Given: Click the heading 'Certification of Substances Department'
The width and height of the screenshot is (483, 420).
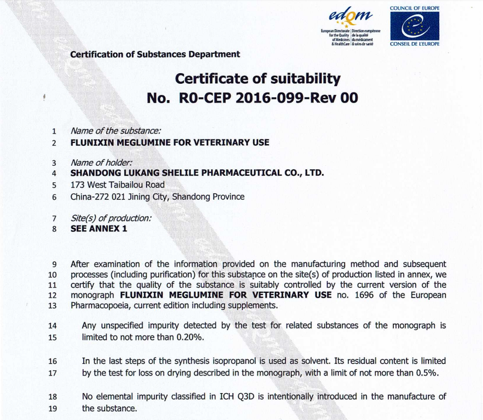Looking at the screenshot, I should pyautogui.click(x=155, y=54).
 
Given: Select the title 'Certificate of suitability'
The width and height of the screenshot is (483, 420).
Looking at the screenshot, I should pyautogui.click(x=258, y=78).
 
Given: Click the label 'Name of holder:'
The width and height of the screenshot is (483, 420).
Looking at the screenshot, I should pyautogui.click(x=101, y=162).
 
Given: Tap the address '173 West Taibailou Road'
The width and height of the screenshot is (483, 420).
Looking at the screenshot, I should pyautogui.click(x=117, y=185).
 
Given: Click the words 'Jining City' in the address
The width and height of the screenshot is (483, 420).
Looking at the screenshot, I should pyautogui.click(x=149, y=197).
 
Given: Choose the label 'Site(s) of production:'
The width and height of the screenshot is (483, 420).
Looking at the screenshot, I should pyautogui.click(x=111, y=218).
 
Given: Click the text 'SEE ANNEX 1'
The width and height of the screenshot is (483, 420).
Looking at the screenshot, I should pyautogui.click(x=98, y=228).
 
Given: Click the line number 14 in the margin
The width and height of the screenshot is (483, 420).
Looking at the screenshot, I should pyautogui.click(x=53, y=326).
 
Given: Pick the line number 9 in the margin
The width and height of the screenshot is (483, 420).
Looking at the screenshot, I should pyautogui.click(x=54, y=264).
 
